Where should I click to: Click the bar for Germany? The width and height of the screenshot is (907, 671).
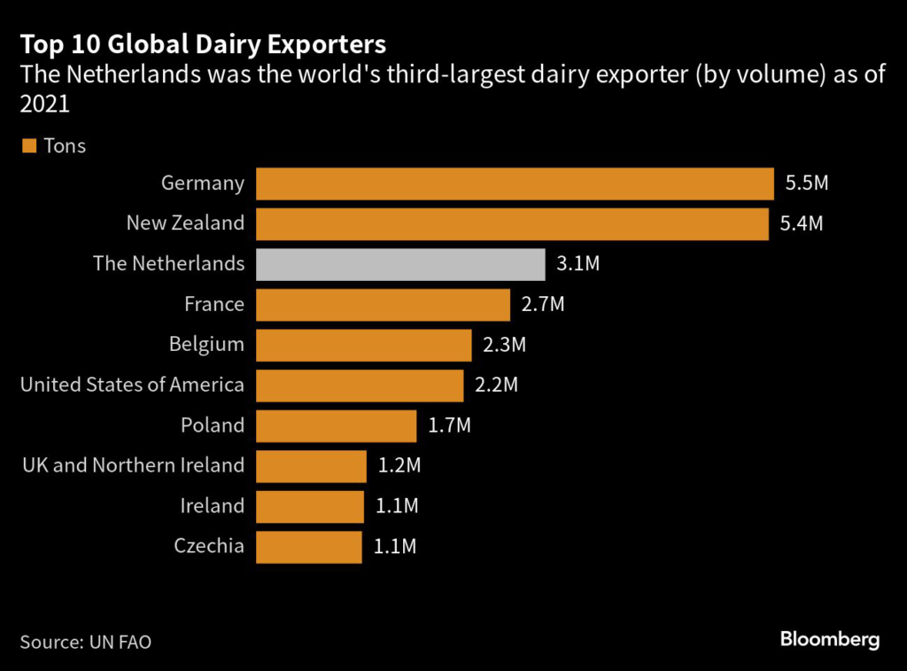[x=515, y=183]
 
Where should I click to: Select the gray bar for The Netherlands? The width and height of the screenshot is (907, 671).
[x=400, y=264]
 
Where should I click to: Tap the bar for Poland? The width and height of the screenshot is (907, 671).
[x=337, y=425]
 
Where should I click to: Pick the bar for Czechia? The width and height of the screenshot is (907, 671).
[x=309, y=547]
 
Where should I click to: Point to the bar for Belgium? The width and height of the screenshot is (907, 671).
[x=364, y=345]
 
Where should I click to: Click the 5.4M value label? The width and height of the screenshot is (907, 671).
[x=802, y=223]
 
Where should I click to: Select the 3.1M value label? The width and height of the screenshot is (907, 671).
[x=578, y=264]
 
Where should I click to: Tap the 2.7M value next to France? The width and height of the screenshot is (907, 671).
[x=543, y=304]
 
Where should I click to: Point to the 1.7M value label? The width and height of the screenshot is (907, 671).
[x=449, y=425]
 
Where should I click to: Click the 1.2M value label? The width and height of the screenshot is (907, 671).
[x=399, y=465]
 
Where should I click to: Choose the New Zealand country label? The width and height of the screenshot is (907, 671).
[x=185, y=223]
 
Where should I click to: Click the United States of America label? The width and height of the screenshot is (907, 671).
[x=132, y=385]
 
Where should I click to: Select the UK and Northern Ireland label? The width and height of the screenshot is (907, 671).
[x=132, y=465]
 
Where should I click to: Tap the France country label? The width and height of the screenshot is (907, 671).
[x=214, y=304]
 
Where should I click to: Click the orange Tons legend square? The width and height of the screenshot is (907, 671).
[x=29, y=145]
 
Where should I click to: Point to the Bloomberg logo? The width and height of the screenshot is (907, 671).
[x=830, y=640]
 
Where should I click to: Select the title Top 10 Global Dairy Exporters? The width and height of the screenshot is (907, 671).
[x=203, y=43]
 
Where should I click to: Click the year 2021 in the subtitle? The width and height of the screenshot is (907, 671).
[x=44, y=105]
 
